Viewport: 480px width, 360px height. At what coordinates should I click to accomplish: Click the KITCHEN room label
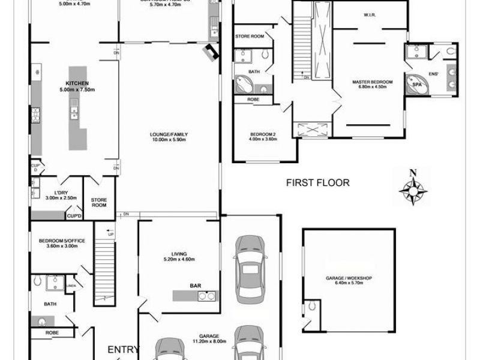coord(77,83)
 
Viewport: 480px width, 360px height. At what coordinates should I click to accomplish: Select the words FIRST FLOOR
coord(317,183)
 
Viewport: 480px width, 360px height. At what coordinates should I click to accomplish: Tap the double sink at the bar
coord(207,296)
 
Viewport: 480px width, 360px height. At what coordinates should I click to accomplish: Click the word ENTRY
coord(123,349)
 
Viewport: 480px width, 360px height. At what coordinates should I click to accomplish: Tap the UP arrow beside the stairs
coord(109,233)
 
